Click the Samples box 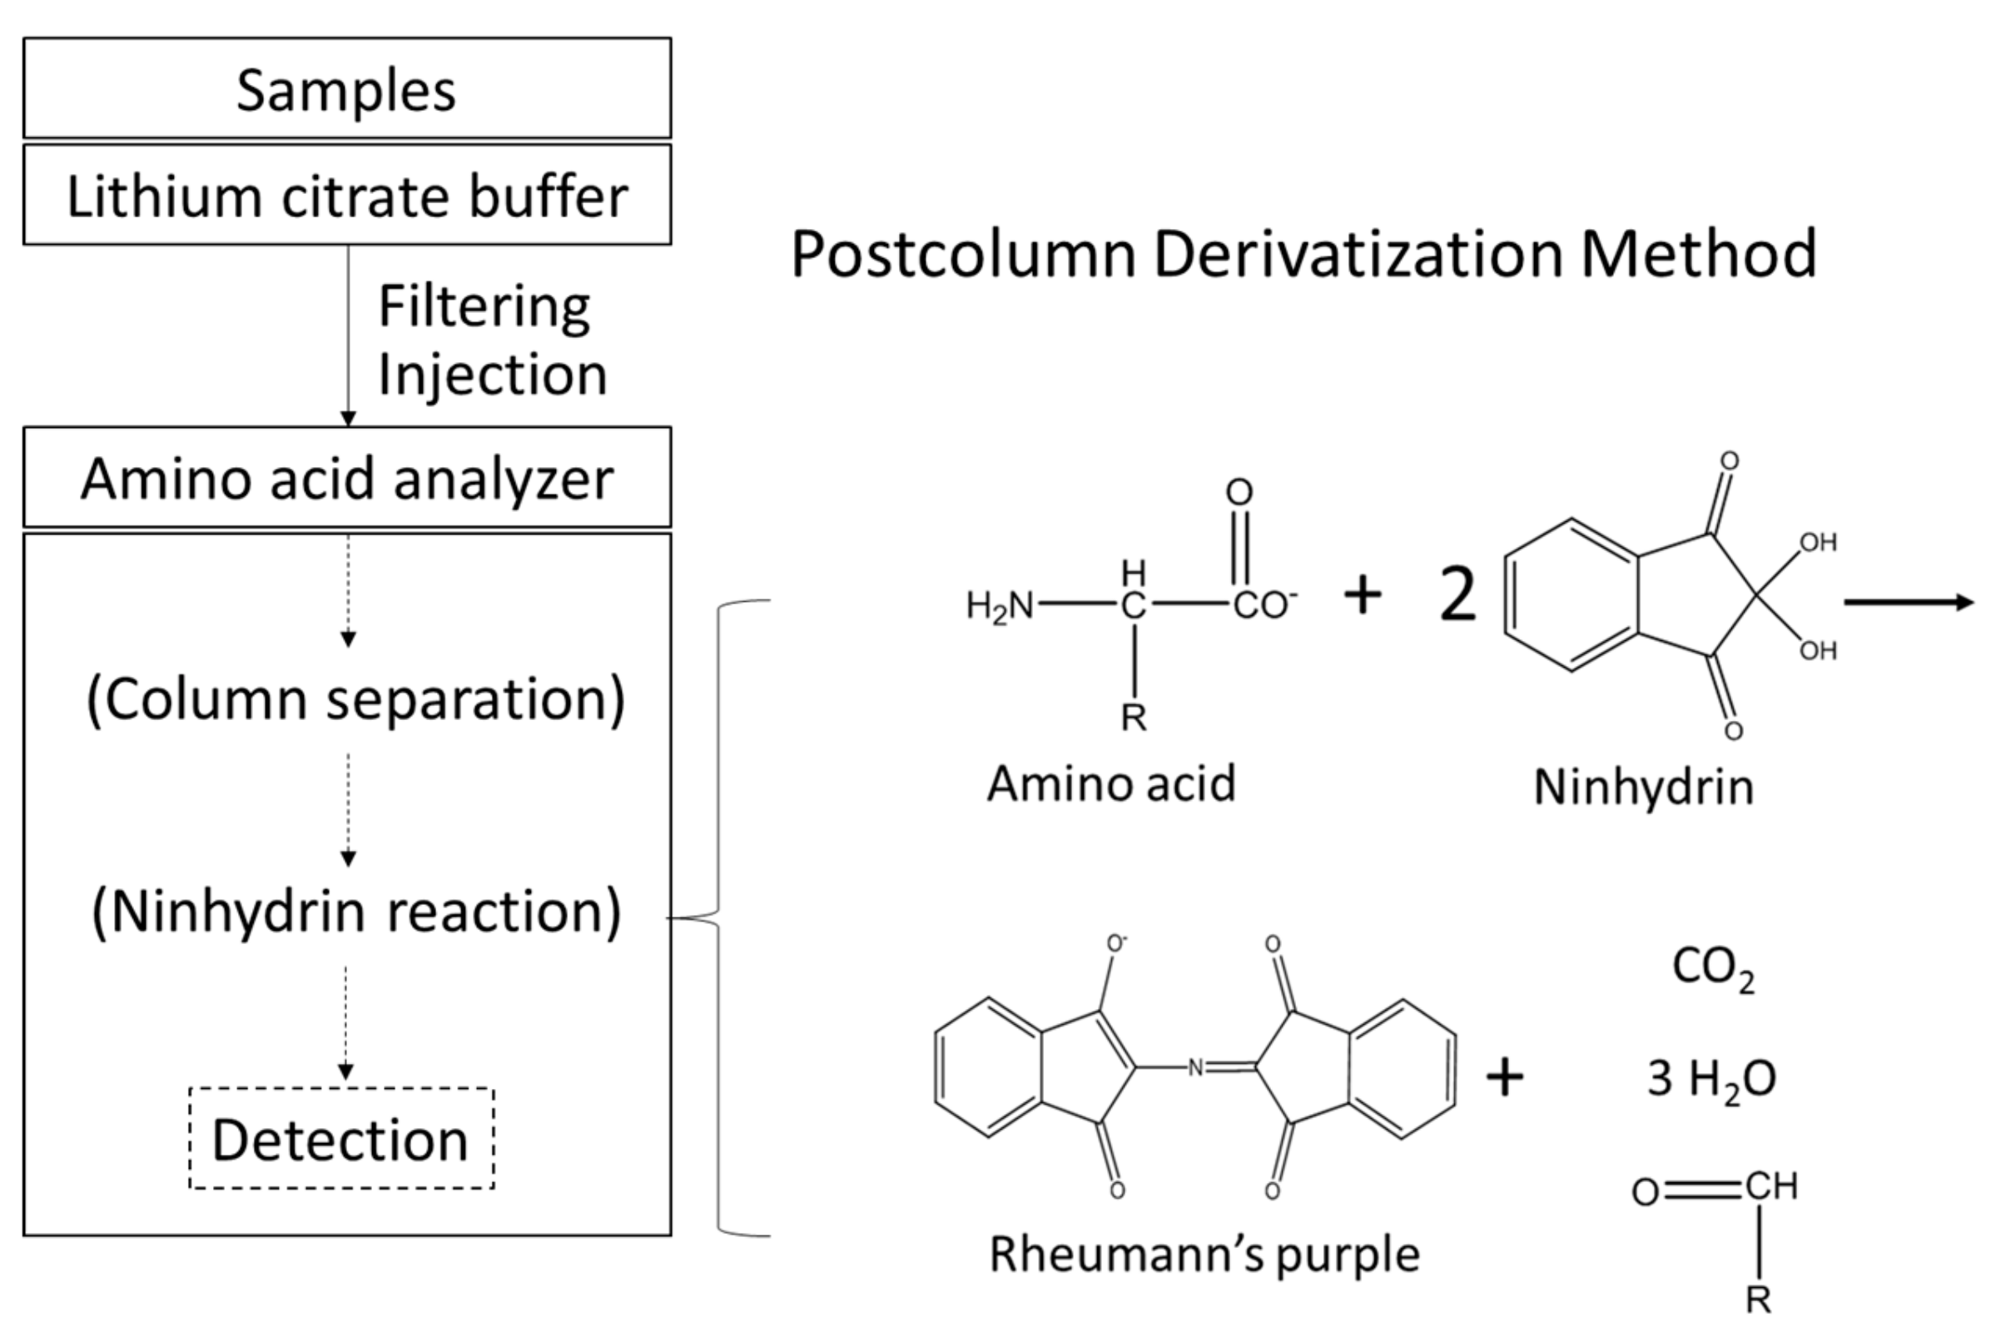[x=346, y=88]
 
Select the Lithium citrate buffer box [x=346, y=196]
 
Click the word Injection [x=492, y=375]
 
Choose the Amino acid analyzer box [x=346, y=478]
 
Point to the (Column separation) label [x=355, y=699]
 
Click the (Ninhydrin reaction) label [x=355, y=912]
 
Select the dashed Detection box [x=340, y=1138]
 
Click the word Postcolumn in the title [x=962, y=254]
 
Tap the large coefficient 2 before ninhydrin [x=1457, y=595]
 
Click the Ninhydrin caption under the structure [x=1643, y=788]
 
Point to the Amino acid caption [x=1111, y=783]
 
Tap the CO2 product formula [x=1712, y=968]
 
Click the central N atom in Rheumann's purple [x=1195, y=1068]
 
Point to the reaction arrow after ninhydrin [x=1909, y=602]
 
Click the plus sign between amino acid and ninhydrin [x=1363, y=594]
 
